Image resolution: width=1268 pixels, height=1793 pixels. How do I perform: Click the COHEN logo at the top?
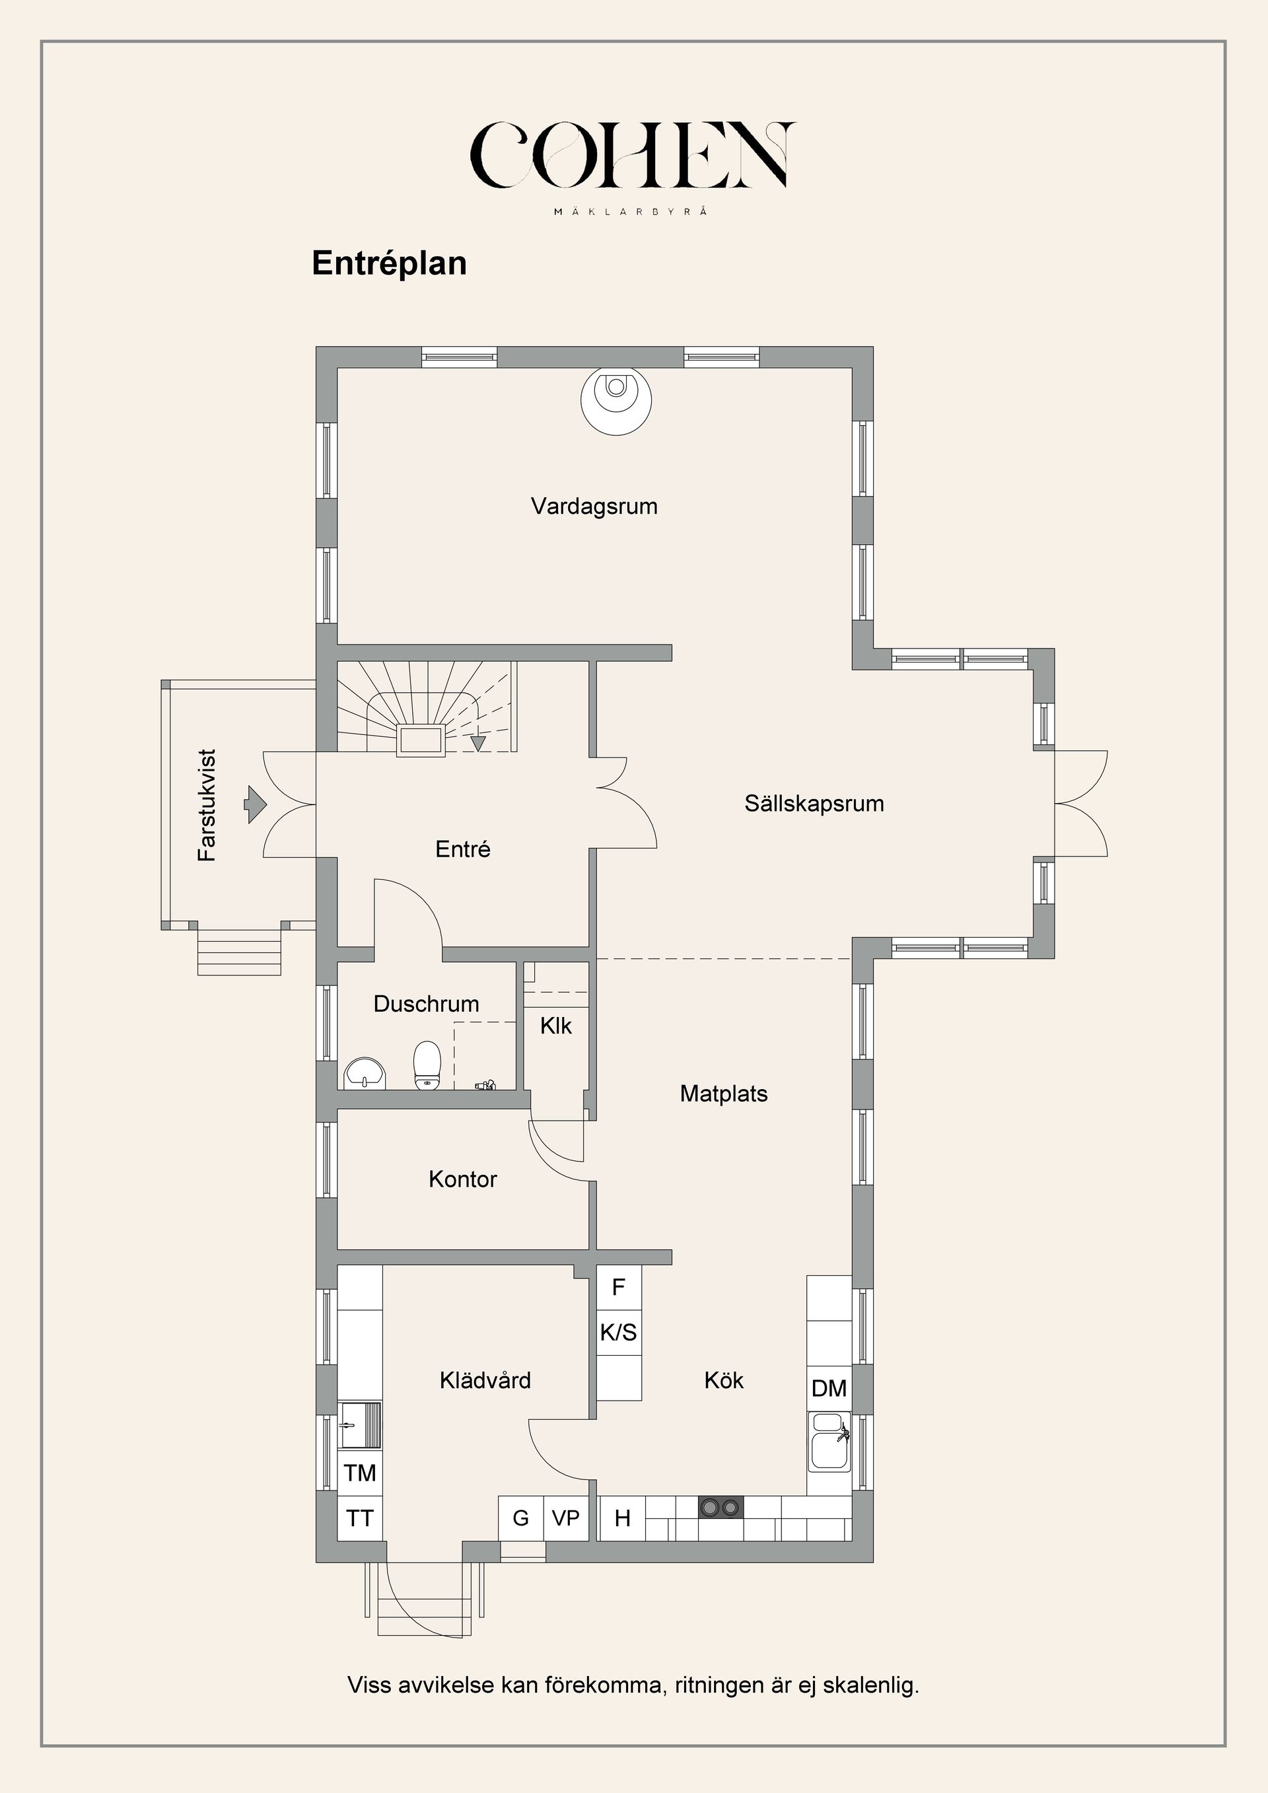coord(633,155)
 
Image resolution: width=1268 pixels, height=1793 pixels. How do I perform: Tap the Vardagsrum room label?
coord(594,506)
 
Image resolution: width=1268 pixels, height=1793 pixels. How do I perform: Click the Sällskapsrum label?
coord(814,804)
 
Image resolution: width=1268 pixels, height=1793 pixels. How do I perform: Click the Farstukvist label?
coord(207,805)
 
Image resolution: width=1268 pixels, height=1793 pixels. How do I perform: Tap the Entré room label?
coord(462,849)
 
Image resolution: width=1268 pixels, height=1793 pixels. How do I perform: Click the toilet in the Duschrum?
coord(427,1065)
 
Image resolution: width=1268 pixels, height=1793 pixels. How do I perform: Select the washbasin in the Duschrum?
coord(365,1073)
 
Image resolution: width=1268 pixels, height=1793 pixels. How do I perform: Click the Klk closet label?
coord(555,1026)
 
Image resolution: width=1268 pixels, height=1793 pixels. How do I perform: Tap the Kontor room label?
coord(462,1179)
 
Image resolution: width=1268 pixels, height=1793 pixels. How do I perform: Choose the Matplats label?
coord(723,1093)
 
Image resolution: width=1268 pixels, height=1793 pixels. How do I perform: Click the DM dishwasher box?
coord(828,1388)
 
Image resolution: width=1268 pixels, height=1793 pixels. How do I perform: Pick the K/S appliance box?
coord(618,1332)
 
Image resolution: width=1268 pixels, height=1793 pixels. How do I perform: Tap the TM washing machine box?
coord(360,1472)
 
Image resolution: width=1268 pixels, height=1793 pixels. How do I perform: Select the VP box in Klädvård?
coord(565,1518)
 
